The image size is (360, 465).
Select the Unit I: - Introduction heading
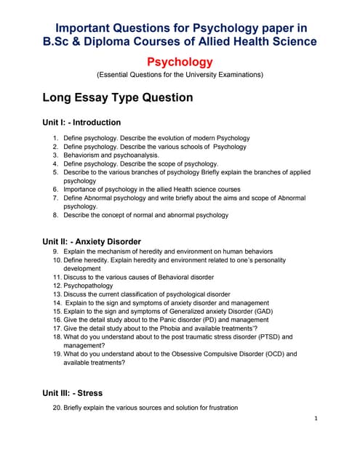coord(81,122)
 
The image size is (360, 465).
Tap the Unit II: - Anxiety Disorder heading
coord(92,241)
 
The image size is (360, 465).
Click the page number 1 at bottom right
coord(317,418)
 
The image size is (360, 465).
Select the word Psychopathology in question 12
coord(92,286)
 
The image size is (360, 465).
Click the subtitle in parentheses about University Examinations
coord(180,75)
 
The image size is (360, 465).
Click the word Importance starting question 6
coord(84,189)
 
